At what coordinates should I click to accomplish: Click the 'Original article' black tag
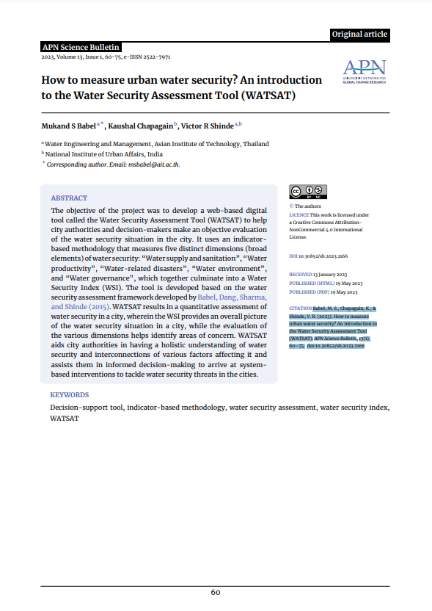359,34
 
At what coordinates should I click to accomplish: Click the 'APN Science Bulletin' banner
81,47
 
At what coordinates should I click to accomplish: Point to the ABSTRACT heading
69,198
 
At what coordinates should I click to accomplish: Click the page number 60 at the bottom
216,593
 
